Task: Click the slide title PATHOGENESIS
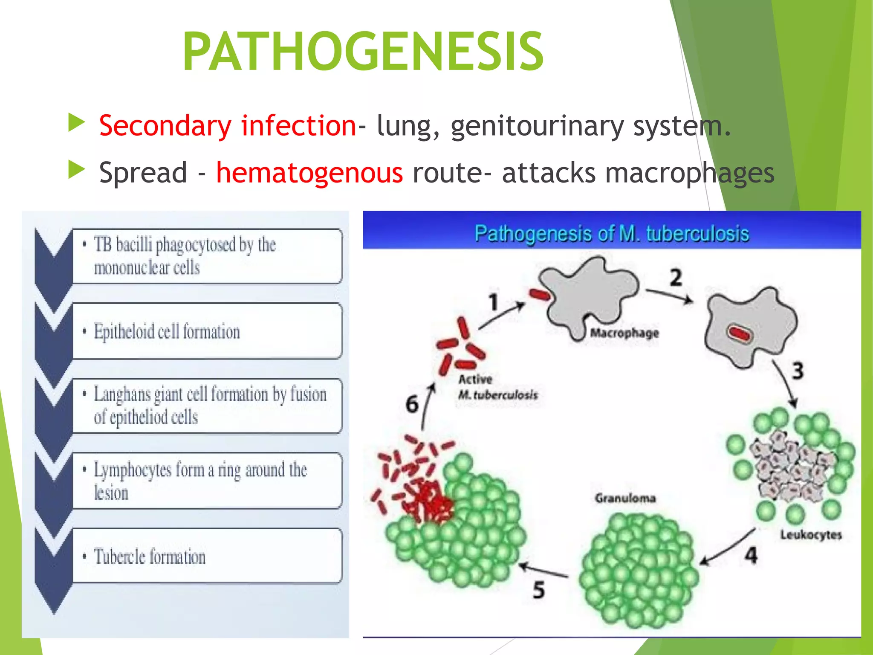(x=363, y=52)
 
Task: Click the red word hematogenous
(x=309, y=173)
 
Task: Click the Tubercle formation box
(x=207, y=556)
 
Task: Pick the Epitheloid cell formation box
(x=207, y=331)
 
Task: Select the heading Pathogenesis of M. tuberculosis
(x=612, y=234)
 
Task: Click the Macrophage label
(x=624, y=333)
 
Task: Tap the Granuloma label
(x=625, y=498)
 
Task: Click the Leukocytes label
(x=811, y=535)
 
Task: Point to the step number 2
(x=675, y=278)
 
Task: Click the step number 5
(x=539, y=590)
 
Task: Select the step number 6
(x=412, y=404)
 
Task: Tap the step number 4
(x=751, y=555)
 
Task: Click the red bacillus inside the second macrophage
(x=740, y=333)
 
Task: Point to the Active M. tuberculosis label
(x=497, y=387)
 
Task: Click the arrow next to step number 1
(x=502, y=316)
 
